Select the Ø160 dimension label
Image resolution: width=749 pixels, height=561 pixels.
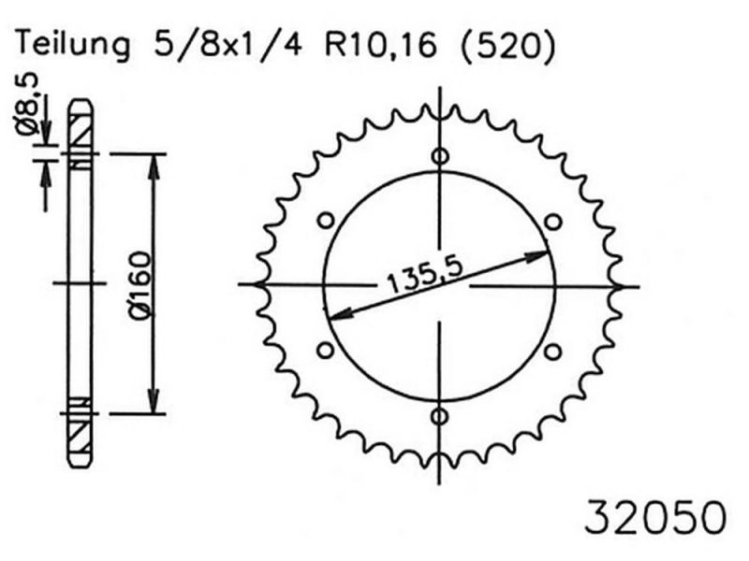(x=138, y=285)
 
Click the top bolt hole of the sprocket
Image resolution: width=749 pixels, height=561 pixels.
(x=440, y=156)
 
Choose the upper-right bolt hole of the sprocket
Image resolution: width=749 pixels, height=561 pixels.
(x=552, y=221)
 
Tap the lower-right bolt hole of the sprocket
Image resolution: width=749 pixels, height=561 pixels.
(x=552, y=351)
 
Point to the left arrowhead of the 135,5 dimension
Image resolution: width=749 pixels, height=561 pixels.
(x=333, y=314)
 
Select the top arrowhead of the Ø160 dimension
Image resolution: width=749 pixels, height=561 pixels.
(x=153, y=165)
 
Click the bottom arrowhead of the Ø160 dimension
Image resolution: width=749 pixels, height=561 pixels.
(x=153, y=402)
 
